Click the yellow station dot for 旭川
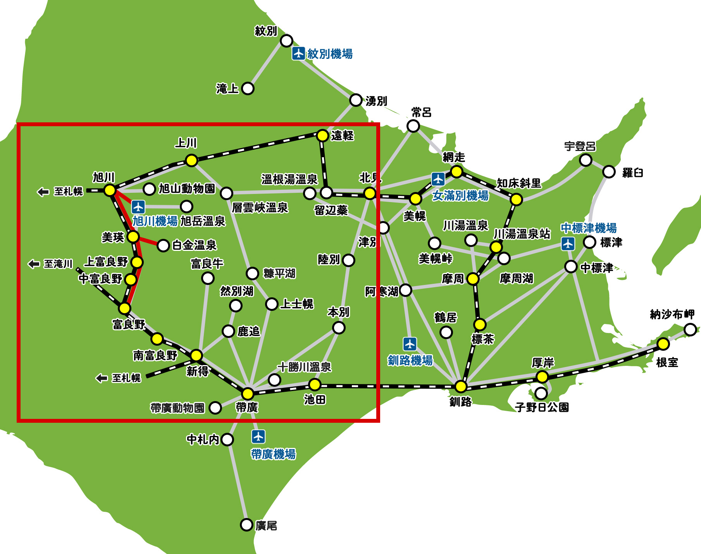click(x=110, y=190)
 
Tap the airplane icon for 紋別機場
click(x=298, y=53)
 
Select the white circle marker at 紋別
click(x=286, y=40)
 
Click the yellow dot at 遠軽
click(x=322, y=135)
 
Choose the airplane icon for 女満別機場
click(x=438, y=179)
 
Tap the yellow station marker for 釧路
click(x=461, y=386)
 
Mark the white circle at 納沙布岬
click(x=690, y=329)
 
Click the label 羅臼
click(x=632, y=172)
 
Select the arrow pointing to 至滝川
click(x=34, y=264)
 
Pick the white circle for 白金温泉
click(x=163, y=245)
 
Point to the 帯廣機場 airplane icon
click(x=258, y=436)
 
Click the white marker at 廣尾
click(x=246, y=525)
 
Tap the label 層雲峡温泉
click(x=260, y=208)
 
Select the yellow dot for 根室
click(x=663, y=344)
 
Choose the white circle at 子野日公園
click(x=541, y=393)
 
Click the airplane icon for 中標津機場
click(x=568, y=244)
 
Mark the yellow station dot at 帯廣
click(x=248, y=394)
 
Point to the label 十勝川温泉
click(x=304, y=367)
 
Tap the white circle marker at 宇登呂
click(x=586, y=160)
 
